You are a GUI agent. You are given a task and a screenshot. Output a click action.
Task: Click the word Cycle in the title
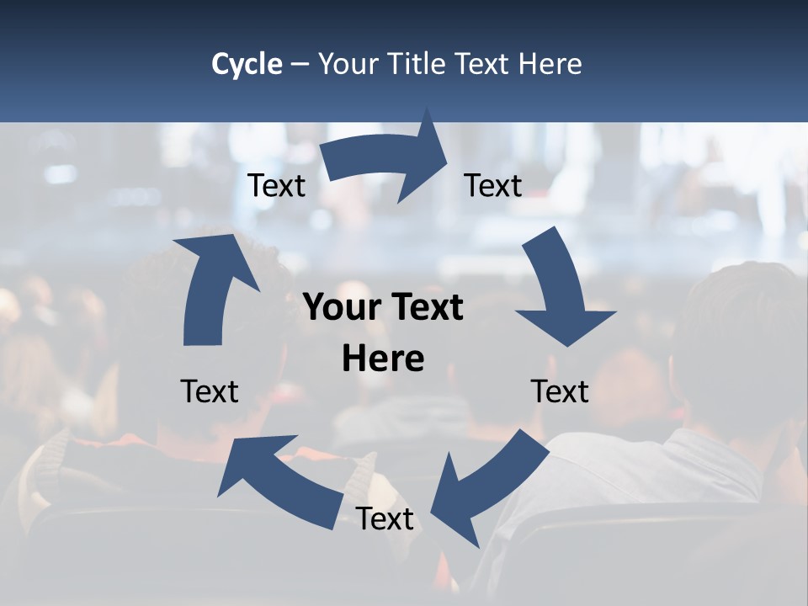247,64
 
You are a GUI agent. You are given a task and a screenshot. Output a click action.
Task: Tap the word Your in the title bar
348,64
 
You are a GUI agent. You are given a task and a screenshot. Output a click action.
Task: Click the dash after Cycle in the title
300,65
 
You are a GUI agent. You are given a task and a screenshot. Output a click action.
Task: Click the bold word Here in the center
383,359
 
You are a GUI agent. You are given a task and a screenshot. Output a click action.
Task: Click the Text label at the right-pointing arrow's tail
276,186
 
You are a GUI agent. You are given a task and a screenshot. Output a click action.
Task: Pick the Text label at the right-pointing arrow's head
493,186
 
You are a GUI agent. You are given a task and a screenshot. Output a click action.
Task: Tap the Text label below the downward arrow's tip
560,391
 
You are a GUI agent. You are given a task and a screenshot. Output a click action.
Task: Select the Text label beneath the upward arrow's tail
210,391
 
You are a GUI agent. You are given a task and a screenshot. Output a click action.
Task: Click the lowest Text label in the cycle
385,519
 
